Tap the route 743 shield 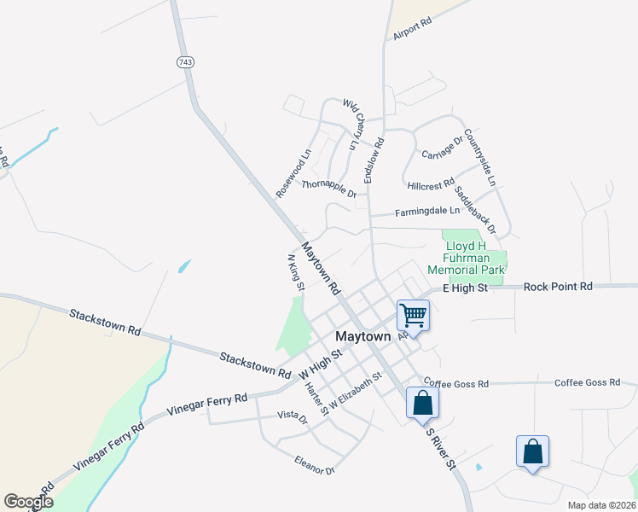pyautogui.click(x=186, y=62)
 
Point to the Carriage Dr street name pyautogui.click(x=442, y=146)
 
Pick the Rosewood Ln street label pyautogui.click(x=293, y=174)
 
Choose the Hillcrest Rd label pyautogui.click(x=431, y=184)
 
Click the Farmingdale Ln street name pyautogui.click(x=426, y=211)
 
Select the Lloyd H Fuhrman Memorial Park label pyautogui.click(x=475, y=258)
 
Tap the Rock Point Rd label pyautogui.click(x=558, y=288)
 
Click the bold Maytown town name pyautogui.click(x=362, y=336)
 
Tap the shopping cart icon pyautogui.click(x=413, y=315)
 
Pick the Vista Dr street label pyautogui.click(x=292, y=416)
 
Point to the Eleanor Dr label pyautogui.click(x=314, y=465)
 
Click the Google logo pyautogui.click(x=28, y=502)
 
